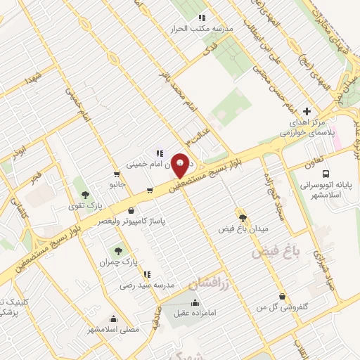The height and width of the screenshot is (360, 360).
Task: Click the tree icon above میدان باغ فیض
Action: pos(243,218)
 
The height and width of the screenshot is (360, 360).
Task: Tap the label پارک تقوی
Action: pos(90,206)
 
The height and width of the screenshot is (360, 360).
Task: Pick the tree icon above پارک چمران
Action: pos(118,250)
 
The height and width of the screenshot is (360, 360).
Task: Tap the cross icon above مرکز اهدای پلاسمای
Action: pos(306,111)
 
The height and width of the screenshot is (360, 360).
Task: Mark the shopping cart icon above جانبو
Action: pos(117,174)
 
